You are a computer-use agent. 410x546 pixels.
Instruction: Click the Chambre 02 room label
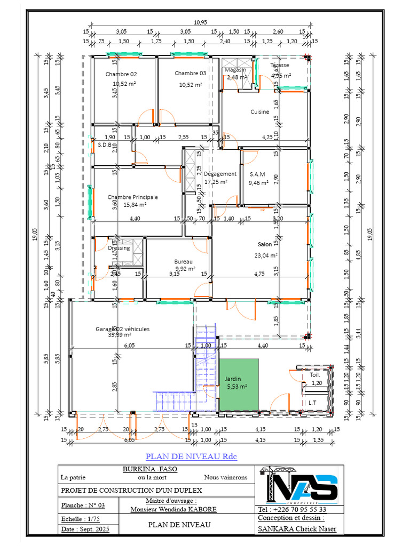[x=121, y=74]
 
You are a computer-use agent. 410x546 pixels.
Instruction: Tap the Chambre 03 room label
[x=190, y=74]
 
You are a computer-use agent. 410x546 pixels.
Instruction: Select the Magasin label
[x=235, y=70]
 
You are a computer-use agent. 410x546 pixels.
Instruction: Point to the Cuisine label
[x=260, y=112]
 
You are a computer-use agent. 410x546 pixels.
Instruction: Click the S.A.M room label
[x=257, y=174]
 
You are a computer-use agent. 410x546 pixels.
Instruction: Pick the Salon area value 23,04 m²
[x=266, y=255]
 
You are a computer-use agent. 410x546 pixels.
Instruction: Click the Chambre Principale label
[x=132, y=197]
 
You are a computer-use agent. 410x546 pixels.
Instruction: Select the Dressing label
[x=119, y=248]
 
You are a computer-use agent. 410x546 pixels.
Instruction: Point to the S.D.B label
[x=104, y=144]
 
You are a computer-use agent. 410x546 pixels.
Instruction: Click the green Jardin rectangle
[x=238, y=384]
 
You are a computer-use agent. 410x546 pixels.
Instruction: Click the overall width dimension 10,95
[x=200, y=22]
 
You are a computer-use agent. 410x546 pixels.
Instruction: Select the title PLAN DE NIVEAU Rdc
[x=191, y=456]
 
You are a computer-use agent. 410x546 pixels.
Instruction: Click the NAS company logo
[x=298, y=486]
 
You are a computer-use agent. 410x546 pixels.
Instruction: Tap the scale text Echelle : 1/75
[x=78, y=518]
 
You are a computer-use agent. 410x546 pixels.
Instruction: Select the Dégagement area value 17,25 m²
[x=216, y=182]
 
